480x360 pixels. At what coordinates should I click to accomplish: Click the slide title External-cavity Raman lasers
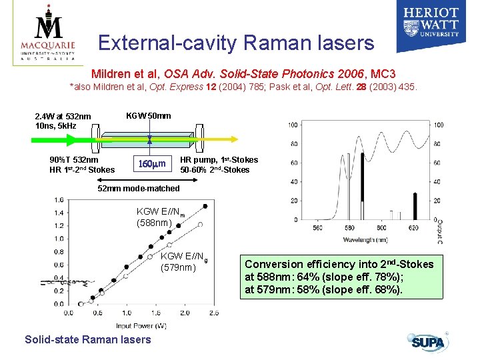pos(235,43)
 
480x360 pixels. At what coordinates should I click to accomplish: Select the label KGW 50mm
pos(148,115)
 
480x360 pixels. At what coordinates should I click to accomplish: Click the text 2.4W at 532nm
pos(63,117)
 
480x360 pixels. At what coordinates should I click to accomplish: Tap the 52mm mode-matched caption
pos(139,189)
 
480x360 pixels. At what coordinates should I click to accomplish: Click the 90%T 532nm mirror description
pos(74,160)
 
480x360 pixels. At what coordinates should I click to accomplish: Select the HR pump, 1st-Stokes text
pos(219,160)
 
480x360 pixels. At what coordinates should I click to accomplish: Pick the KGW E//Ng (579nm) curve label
pos(180,262)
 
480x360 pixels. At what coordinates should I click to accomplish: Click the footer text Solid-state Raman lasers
pos(87,340)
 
